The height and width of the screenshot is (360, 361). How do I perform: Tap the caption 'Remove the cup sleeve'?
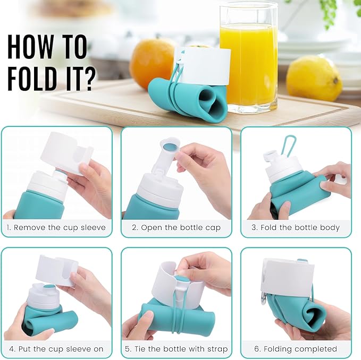(x=60, y=228)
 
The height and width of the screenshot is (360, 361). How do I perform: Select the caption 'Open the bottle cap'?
(x=180, y=228)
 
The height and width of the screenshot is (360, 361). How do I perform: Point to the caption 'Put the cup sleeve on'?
(x=60, y=349)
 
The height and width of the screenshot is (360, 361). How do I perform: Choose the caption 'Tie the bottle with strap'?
(x=180, y=349)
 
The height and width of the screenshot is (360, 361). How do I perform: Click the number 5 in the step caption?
(x=129, y=349)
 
